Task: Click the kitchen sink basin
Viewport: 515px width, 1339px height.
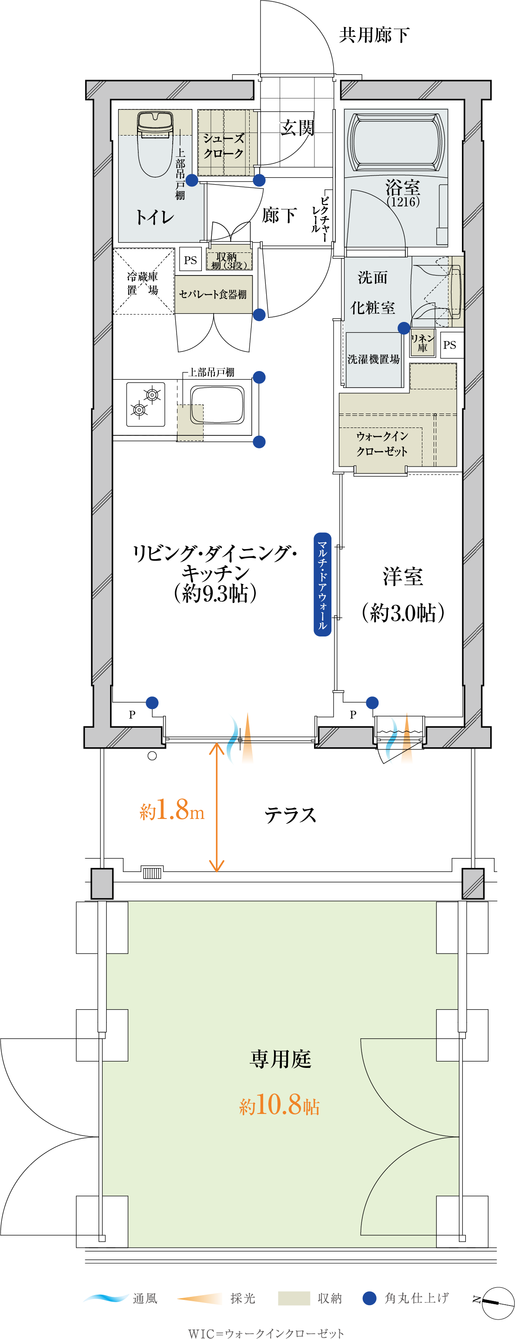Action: (x=217, y=404)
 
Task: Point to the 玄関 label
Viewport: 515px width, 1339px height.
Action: (x=297, y=127)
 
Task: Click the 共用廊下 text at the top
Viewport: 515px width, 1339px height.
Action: (x=374, y=35)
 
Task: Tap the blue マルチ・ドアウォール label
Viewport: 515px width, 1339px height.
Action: (x=322, y=584)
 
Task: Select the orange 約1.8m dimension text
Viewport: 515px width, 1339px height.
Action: (x=172, y=810)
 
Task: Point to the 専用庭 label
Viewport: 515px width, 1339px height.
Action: (x=281, y=1059)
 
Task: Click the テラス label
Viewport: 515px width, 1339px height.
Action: (x=290, y=815)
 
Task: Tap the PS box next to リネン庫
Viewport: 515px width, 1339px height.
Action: (x=449, y=345)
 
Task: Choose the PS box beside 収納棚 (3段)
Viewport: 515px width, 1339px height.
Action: (x=191, y=260)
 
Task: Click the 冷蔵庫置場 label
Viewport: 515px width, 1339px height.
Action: (x=143, y=283)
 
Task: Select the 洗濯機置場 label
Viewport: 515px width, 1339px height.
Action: (x=374, y=359)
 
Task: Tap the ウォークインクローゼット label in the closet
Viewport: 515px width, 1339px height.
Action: (x=382, y=444)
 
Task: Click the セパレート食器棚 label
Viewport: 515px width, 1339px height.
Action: (x=213, y=294)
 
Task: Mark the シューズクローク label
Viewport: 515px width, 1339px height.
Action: (x=224, y=146)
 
